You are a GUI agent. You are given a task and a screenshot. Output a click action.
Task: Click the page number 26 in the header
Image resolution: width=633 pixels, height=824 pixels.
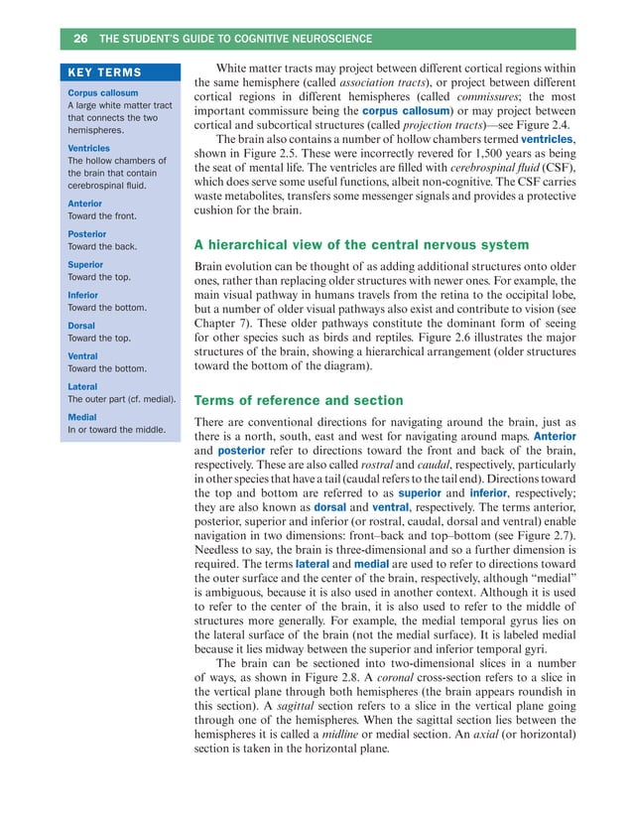[x=80, y=39]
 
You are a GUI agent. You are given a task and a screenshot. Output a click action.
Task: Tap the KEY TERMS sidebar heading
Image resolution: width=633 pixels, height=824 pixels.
[x=104, y=72]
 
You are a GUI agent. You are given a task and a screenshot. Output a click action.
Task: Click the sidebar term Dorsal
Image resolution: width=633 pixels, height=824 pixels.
[x=80, y=325]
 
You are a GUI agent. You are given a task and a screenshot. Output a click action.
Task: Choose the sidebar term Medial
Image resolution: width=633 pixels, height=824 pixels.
[x=82, y=418]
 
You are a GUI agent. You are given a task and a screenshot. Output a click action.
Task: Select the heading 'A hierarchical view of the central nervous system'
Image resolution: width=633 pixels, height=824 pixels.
[x=362, y=245]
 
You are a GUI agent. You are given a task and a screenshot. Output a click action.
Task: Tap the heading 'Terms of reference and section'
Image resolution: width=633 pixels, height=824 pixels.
[x=298, y=401]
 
